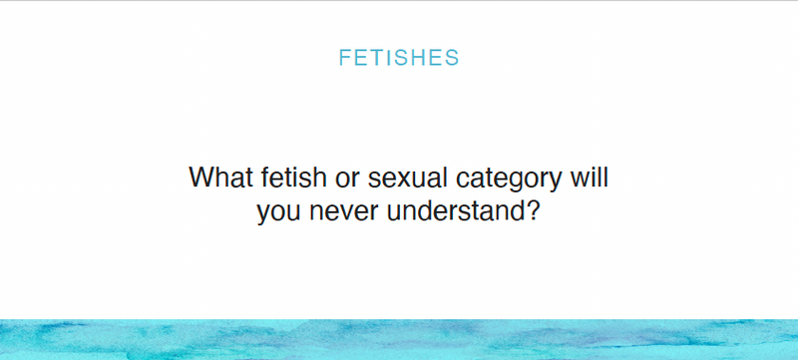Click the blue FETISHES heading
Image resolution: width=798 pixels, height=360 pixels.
point(399,58)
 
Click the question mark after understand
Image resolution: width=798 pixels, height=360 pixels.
point(530,210)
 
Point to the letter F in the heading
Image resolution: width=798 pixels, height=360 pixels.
point(345,58)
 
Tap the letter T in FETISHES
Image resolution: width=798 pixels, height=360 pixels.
point(376,58)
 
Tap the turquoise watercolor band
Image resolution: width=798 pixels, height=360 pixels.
point(399,340)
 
